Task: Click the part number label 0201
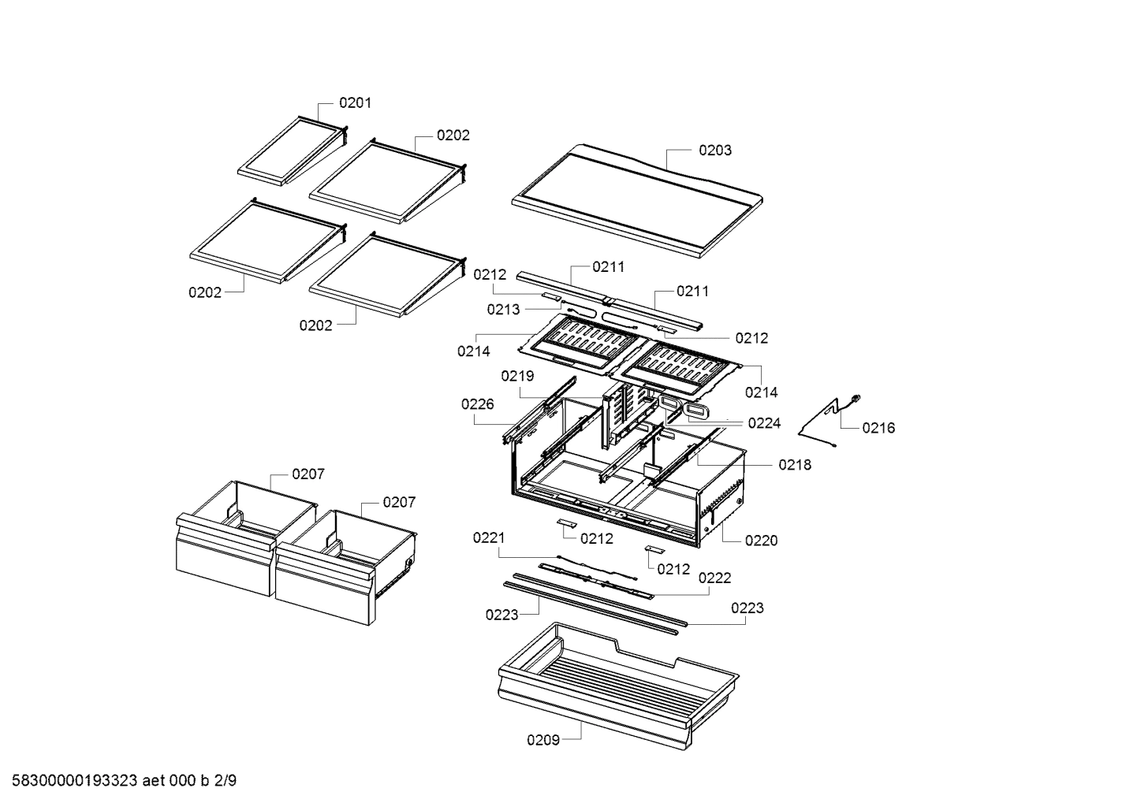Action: pos(355,102)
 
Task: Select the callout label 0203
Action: pos(714,150)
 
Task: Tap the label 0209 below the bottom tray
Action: pos(543,739)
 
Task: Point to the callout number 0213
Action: pos(503,310)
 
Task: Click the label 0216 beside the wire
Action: pos(878,428)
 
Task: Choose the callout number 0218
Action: pos(795,465)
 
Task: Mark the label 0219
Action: pos(517,376)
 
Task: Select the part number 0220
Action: pos(761,541)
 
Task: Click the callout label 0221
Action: pos(489,537)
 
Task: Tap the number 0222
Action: pos(714,578)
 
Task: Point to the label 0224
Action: pos(764,423)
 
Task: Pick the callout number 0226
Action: pos(478,404)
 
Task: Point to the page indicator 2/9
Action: pos(225,781)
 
